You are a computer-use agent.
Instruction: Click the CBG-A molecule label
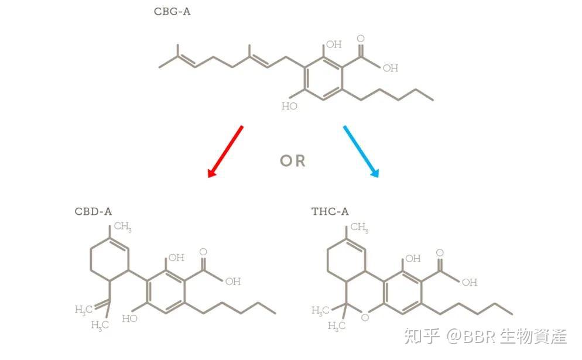pos(172,11)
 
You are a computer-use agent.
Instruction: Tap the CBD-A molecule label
pos(93,211)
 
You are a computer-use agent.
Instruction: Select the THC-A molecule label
pos(330,211)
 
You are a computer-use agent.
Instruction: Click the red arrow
pos(225,151)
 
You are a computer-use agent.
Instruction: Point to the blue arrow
pos(361,151)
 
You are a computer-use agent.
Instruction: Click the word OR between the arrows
pos(293,161)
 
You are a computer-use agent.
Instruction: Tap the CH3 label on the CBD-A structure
pos(122,227)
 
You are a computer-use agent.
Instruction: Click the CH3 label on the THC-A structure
pos(358,227)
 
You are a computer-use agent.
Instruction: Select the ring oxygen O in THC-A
pos(365,317)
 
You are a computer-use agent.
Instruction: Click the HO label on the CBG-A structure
pos(290,106)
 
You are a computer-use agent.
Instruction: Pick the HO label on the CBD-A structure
pos(130,318)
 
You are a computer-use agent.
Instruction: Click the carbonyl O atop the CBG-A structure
pos(360,39)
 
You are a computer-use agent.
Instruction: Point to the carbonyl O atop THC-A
pos(440,253)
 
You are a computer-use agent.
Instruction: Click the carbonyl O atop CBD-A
pos(203,252)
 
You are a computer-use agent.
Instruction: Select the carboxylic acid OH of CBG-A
pos(391,68)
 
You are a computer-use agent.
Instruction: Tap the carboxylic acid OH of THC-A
pos(470,282)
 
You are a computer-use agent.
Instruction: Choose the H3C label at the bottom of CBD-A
pos(100,325)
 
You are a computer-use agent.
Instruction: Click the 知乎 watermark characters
pos(421,336)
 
